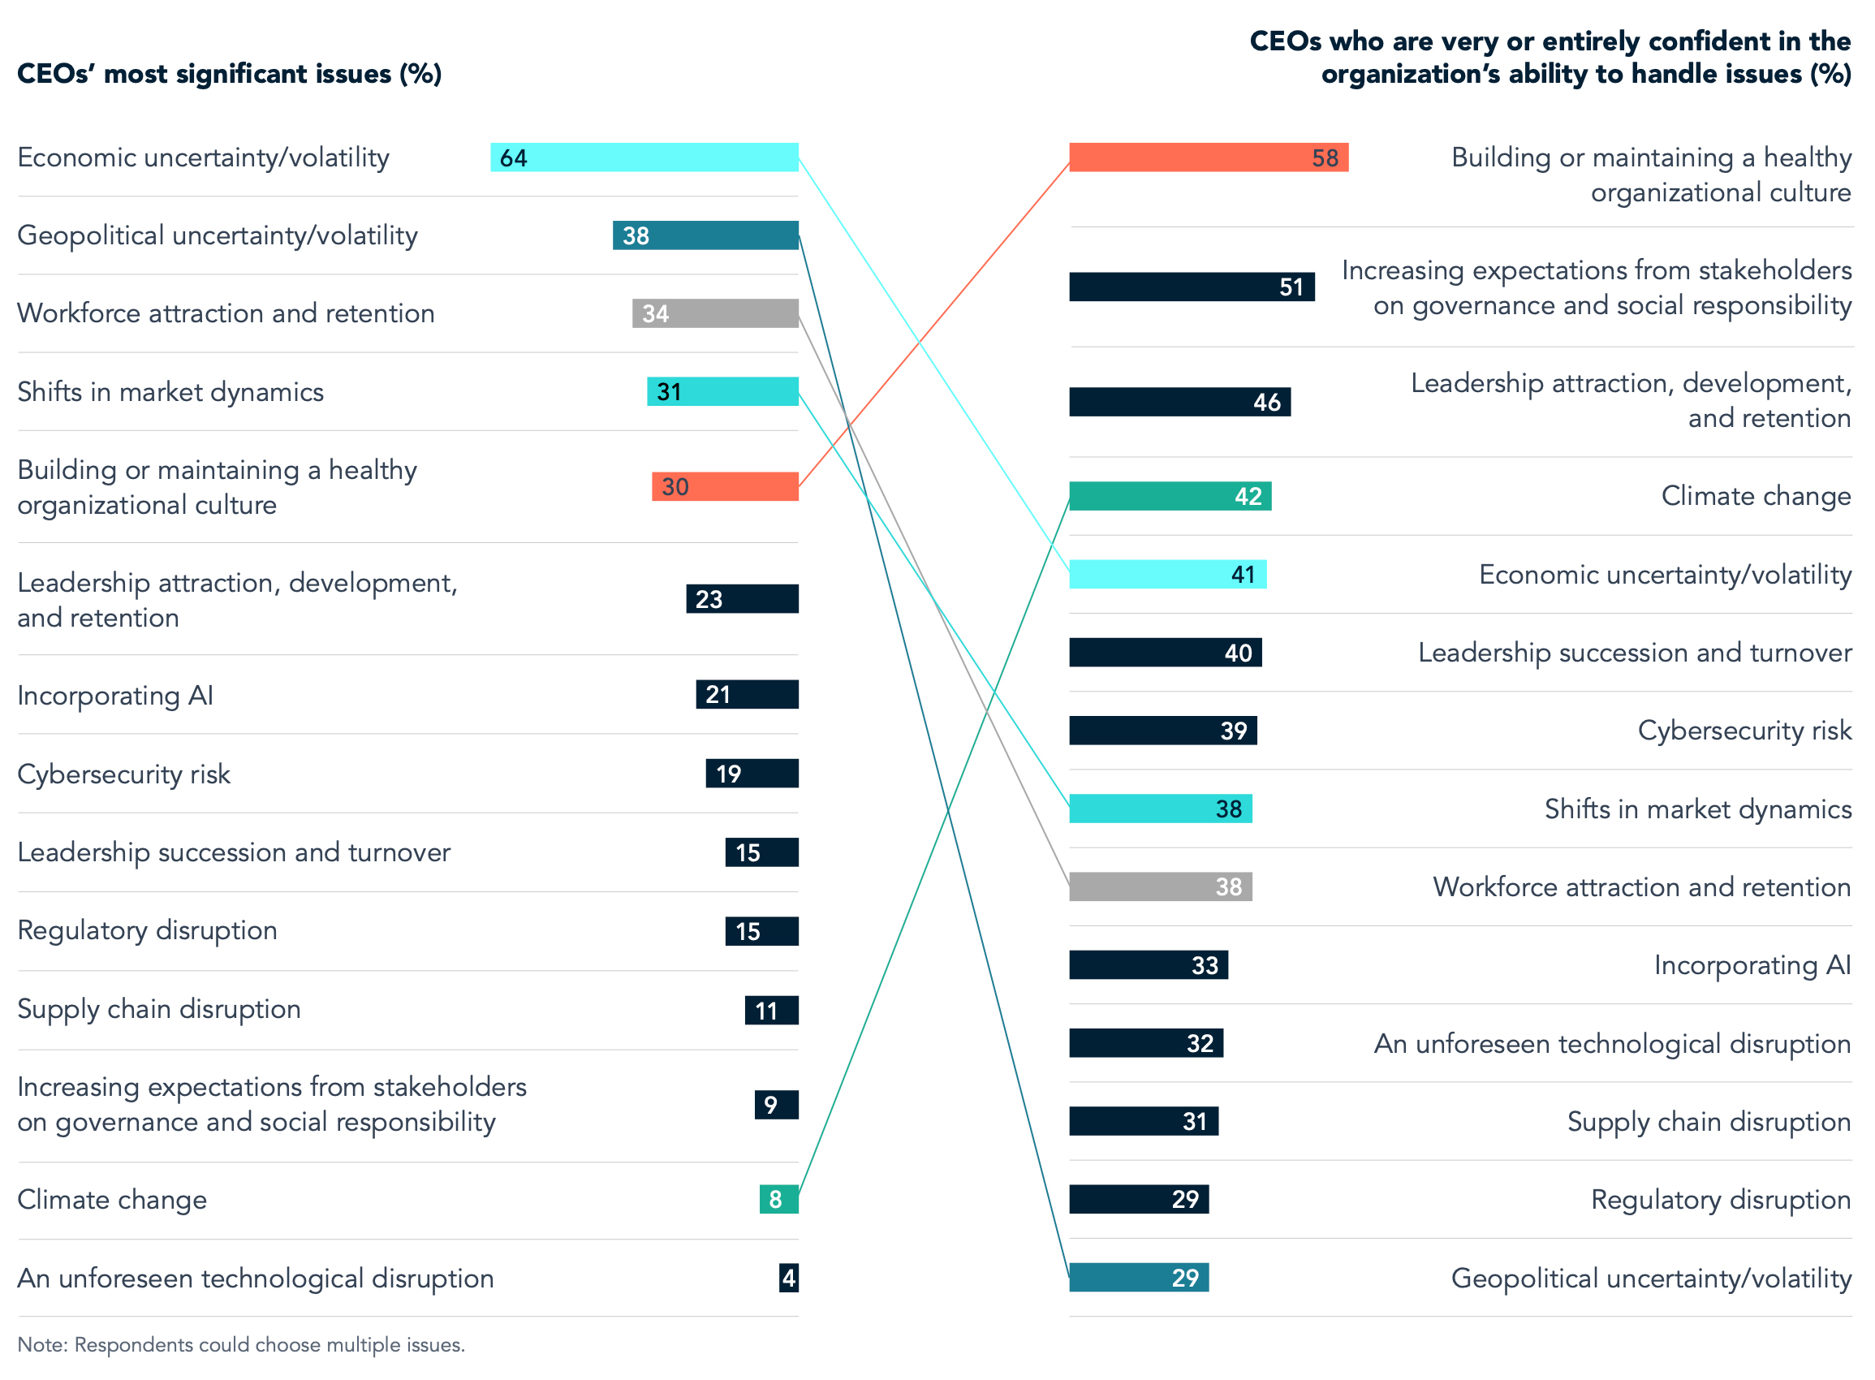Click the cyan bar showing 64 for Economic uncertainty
(x=644, y=157)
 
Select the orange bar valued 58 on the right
(x=1208, y=157)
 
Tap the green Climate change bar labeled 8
(x=778, y=1199)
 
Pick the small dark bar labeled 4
(x=787, y=1277)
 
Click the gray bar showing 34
(x=715, y=313)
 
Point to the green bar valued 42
(x=1170, y=496)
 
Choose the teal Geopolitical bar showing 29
(x=1138, y=1277)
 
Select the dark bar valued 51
(x=1191, y=287)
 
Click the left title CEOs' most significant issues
(x=229, y=74)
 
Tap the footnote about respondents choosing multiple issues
(x=240, y=1344)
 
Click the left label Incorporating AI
(x=115, y=695)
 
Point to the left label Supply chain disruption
(x=159, y=1008)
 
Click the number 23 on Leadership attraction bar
(x=709, y=599)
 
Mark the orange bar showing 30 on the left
(x=724, y=486)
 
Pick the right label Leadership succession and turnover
(x=1634, y=652)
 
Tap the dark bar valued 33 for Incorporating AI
(x=1148, y=965)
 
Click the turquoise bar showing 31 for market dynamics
(x=722, y=391)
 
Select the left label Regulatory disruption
(x=147, y=929)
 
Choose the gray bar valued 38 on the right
(x=1159, y=886)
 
